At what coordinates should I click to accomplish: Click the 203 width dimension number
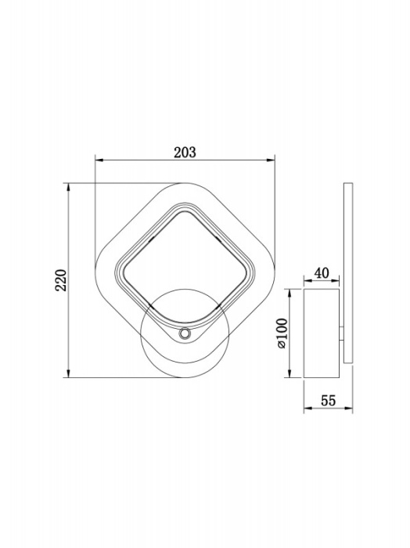point(185,153)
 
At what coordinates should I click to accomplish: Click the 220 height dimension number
point(61,280)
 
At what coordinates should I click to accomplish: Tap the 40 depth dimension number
point(322,273)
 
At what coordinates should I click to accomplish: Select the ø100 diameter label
point(282,333)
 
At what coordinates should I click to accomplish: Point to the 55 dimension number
point(329,401)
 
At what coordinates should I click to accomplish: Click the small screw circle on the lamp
point(184,333)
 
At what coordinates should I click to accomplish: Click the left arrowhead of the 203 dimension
point(99,160)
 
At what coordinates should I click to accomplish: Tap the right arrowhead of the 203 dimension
point(271,160)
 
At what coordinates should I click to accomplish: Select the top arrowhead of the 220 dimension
point(69,187)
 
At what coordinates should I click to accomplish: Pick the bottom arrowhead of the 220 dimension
point(69,373)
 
